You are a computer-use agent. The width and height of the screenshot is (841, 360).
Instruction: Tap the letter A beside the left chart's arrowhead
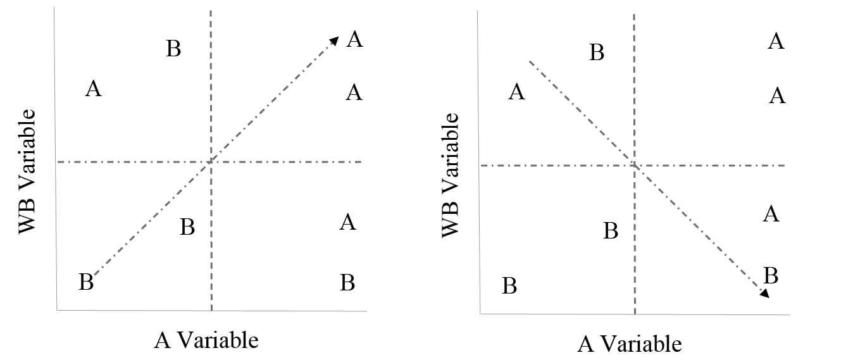(355, 40)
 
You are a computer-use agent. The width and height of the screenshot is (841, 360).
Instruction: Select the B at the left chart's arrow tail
(86, 282)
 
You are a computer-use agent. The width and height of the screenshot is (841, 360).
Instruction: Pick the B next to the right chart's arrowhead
(771, 275)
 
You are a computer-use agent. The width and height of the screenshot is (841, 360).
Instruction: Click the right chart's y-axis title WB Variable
(449, 175)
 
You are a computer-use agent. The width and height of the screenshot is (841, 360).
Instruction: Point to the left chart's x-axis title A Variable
(206, 340)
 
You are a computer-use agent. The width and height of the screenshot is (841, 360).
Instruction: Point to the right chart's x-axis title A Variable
(630, 344)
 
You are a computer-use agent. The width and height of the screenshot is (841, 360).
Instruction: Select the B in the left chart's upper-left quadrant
(173, 48)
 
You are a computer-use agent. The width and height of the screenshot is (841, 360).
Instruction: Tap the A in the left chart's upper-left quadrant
(94, 89)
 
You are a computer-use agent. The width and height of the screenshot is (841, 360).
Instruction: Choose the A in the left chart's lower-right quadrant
(347, 222)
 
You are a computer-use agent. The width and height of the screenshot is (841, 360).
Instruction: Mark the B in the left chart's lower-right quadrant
(347, 282)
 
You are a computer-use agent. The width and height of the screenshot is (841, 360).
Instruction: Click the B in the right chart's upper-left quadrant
(597, 52)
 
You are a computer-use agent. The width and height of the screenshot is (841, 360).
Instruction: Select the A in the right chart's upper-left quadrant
(517, 92)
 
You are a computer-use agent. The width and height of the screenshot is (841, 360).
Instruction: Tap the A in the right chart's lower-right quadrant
(771, 214)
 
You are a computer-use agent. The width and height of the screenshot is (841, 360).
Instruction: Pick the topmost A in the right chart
(776, 42)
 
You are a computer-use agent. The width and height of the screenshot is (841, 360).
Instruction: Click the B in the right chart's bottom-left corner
(509, 286)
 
